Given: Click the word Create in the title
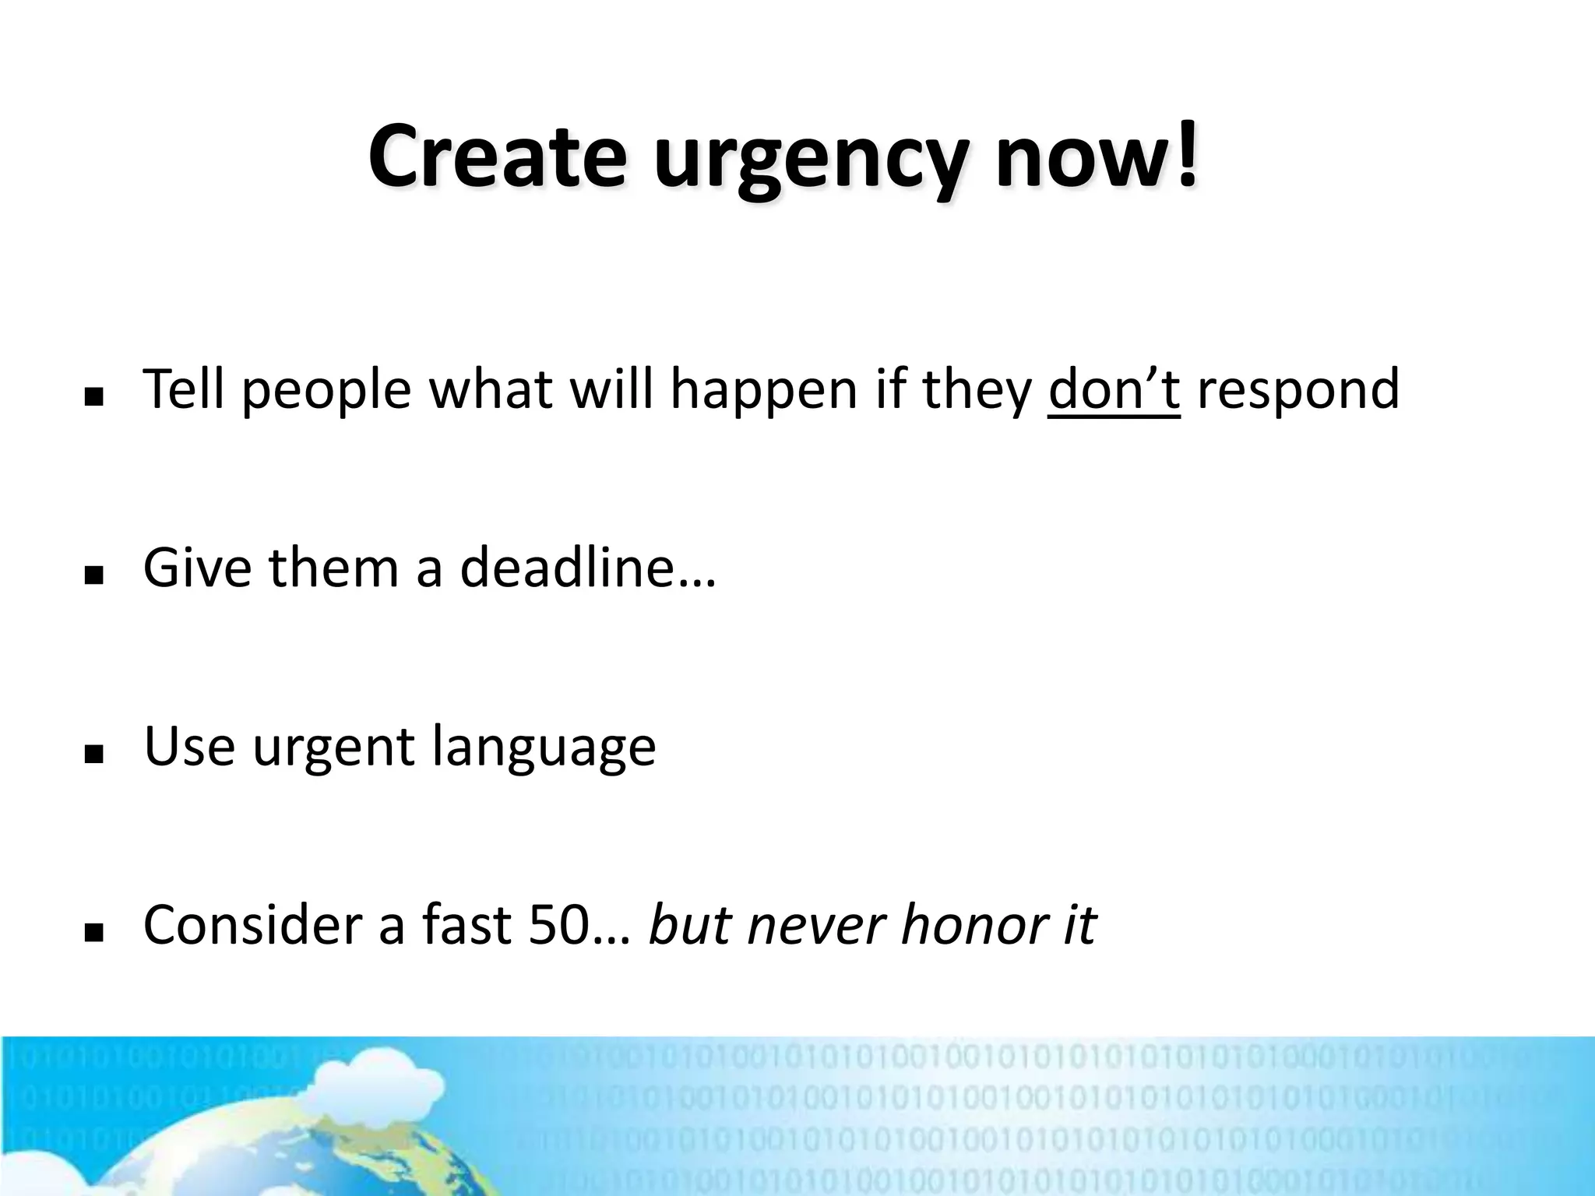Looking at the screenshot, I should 497,157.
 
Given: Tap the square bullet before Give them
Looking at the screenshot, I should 94,577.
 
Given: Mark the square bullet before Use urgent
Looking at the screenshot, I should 94,755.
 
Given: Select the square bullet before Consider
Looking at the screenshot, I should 94,933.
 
